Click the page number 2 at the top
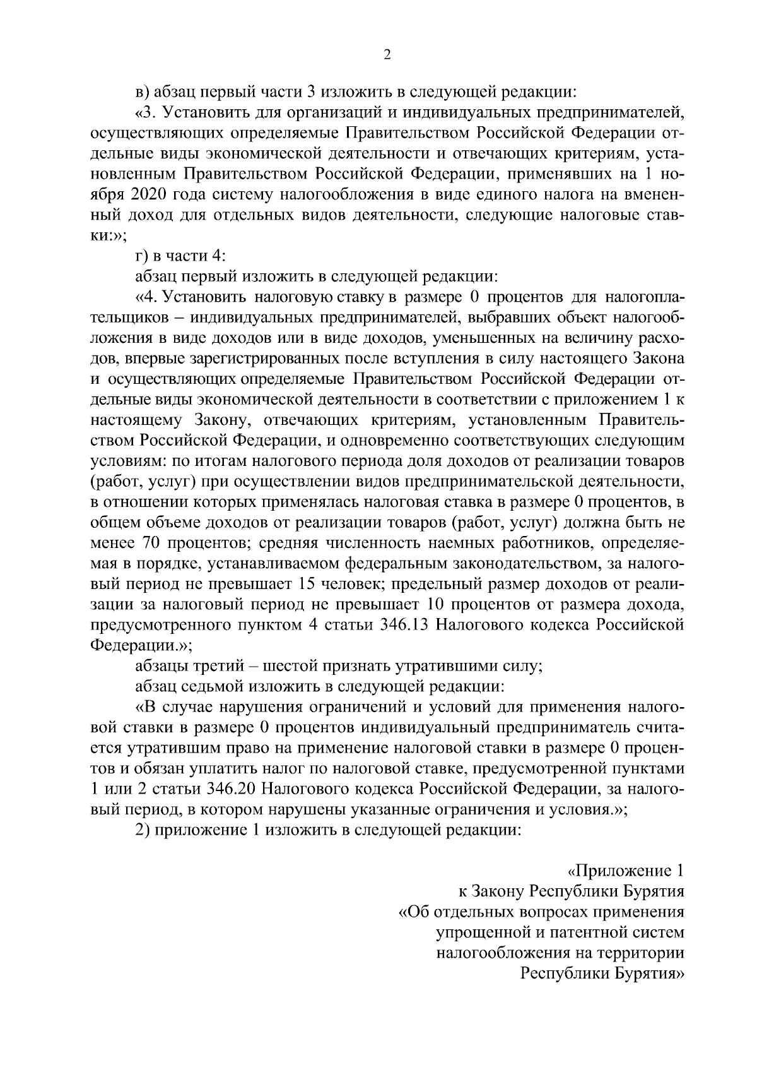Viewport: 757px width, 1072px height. click(x=387, y=56)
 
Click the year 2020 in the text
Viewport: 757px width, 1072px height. click(x=151, y=195)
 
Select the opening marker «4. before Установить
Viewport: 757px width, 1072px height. click(x=147, y=297)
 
